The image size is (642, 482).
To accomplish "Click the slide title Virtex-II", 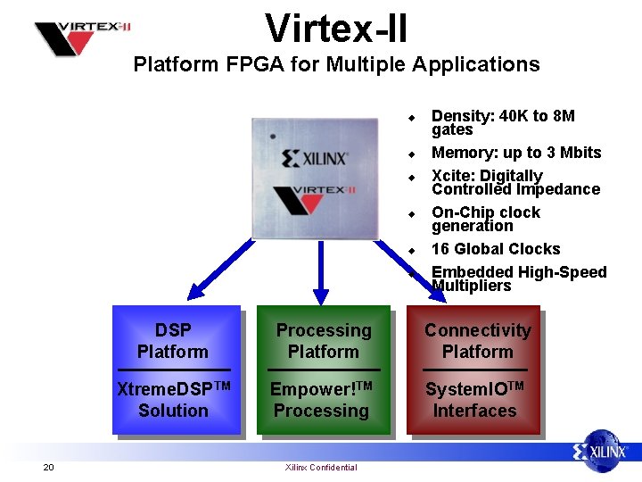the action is pos(336,28).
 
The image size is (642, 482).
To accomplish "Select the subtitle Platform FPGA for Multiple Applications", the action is pos(336,64).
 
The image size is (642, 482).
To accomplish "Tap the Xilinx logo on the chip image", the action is pos(315,160).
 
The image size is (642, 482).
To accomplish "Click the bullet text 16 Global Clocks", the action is pos(496,249).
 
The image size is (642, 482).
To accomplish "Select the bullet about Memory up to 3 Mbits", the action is pos(516,153).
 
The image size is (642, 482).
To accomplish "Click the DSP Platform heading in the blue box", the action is pos(173,341).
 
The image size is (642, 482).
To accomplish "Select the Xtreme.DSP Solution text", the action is pos(173,399).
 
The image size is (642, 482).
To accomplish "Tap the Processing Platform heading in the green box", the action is pos(323,341).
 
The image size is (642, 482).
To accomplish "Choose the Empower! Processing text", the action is pos(321,399).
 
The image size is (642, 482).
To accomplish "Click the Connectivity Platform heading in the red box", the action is pos(477,341).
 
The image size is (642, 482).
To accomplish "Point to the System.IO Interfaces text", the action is pos(474,399).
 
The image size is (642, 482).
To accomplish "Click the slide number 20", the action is pos(48,467).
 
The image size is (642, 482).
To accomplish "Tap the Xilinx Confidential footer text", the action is pos(321,467).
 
